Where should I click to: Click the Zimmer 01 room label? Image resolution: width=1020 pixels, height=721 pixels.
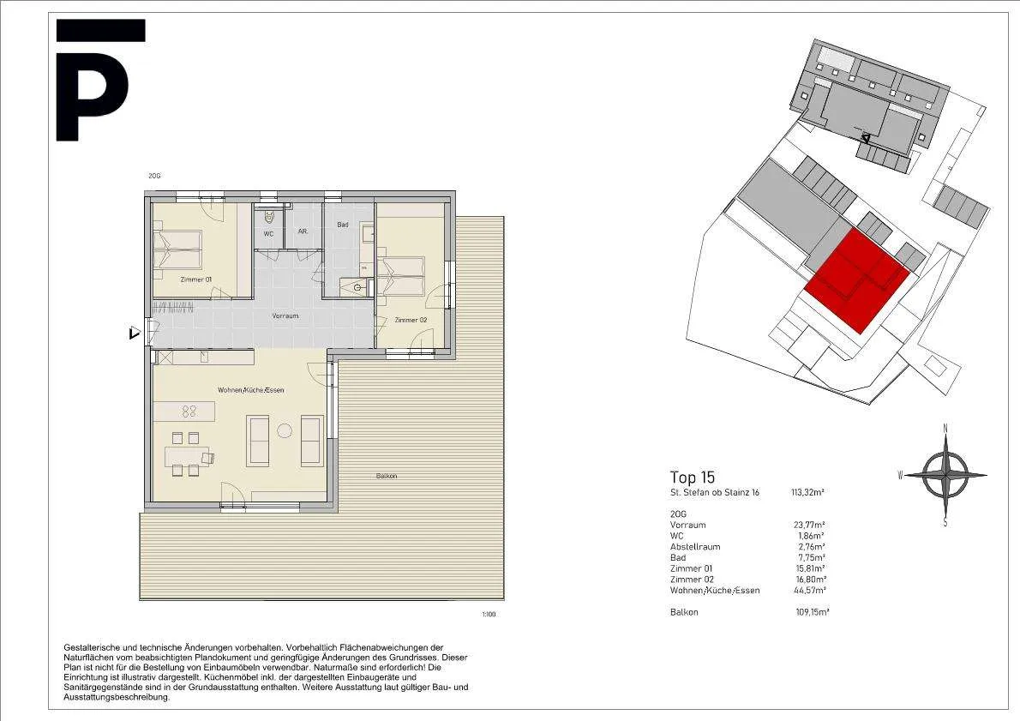(195, 279)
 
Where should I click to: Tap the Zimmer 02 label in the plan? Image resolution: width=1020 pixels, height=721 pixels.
(411, 320)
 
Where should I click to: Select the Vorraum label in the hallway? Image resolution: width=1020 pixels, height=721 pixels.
(285, 315)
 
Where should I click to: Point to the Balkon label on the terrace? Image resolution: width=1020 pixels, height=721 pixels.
(387, 477)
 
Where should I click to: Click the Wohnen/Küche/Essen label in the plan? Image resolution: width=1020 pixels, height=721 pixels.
(250, 390)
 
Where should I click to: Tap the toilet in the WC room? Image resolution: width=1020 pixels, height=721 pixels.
(269, 217)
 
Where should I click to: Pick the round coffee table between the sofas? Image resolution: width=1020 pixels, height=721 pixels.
(285, 430)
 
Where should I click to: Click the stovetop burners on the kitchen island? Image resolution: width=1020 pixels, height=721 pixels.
(189, 411)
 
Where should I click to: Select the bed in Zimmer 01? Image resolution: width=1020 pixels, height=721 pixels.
(177, 249)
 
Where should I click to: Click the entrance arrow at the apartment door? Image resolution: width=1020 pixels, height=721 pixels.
(134, 333)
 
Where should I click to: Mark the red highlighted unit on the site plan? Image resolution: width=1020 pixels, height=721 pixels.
(857, 281)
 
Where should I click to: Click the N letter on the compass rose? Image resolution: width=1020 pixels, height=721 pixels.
(945, 428)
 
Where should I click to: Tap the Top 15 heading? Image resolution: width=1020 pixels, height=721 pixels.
(693, 478)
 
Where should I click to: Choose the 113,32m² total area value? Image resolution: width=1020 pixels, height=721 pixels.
(807, 493)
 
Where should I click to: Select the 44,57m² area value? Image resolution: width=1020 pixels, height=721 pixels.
(810, 590)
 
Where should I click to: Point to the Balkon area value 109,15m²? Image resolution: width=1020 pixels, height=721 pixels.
(812, 612)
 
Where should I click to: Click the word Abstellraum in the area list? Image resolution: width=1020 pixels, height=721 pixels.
(695, 547)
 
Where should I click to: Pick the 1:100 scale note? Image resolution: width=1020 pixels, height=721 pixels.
(489, 615)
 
